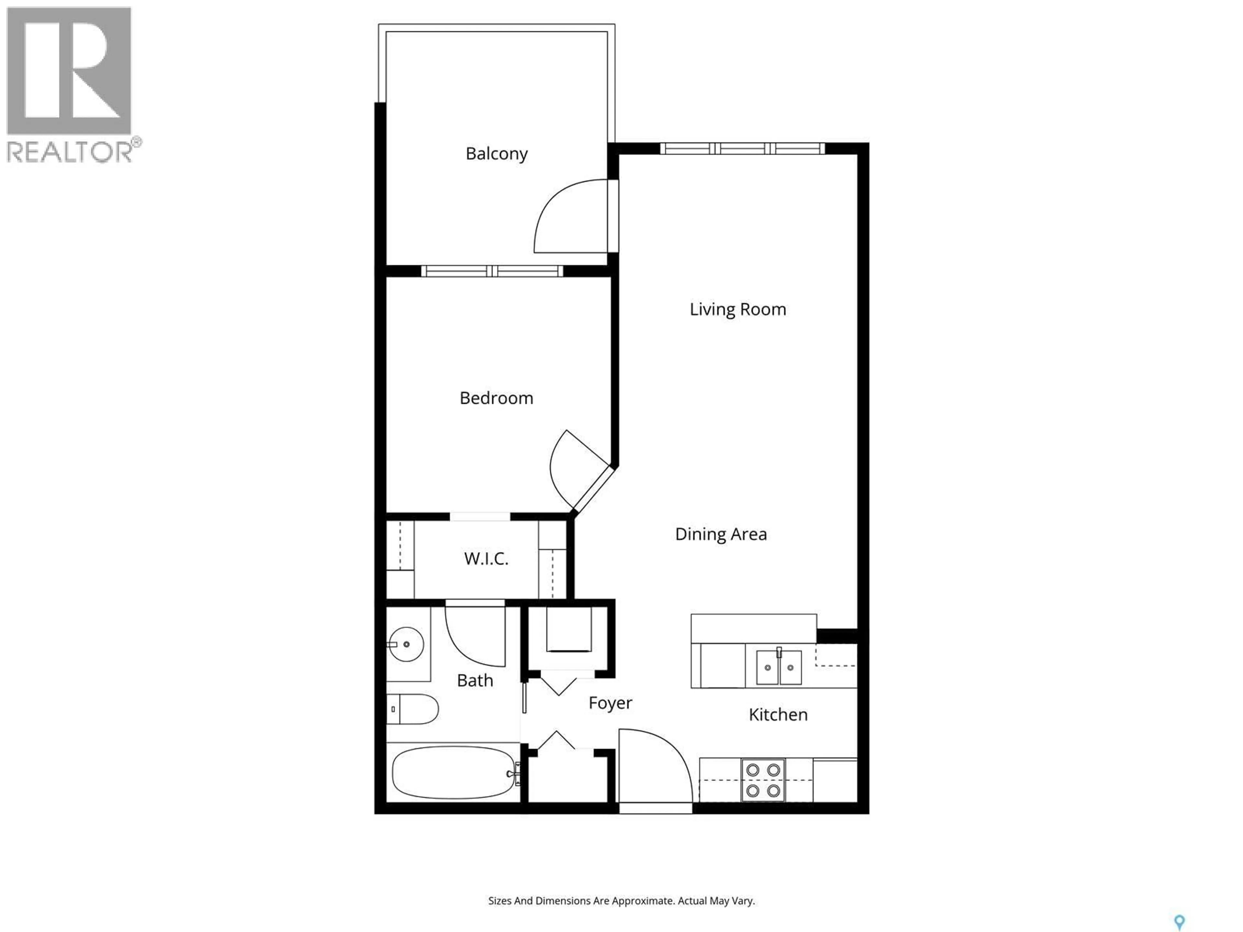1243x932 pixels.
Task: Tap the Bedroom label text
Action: pyautogui.click(x=496, y=398)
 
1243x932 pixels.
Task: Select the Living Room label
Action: pyautogui.click(x=737, y=309)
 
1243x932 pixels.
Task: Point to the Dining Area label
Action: pyautogui.click(x=721, y=534)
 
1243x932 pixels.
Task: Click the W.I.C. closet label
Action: pyautogui.click(x=486, y=559)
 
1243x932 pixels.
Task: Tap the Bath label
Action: pyautogui.click(x=475, y=680)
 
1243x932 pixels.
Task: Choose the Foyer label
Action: pyautogui.click(x=610, y=703)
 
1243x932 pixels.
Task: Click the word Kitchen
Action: pyautogui.click(x=778, y=715)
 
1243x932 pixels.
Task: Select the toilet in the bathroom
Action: pyautogui.click(x=413, y=709)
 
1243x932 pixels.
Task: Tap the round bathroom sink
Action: pyautogui.click(x=406, y=644)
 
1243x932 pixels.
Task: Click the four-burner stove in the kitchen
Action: pyautogui.click(x=763, y=780)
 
